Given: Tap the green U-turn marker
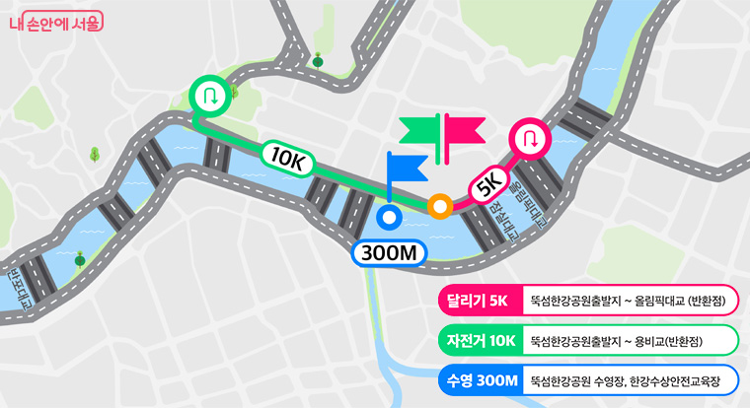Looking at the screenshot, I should (x=209, y=97).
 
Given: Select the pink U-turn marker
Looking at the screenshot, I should (x=530, y=139).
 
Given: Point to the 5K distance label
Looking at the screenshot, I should (x=490, y=183).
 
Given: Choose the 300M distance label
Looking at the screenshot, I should (x=391, y=254).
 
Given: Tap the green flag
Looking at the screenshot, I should (x=424, y=130).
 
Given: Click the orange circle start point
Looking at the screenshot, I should (x=440, y=206).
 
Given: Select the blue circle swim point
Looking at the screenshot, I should (x=389, y=217).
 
